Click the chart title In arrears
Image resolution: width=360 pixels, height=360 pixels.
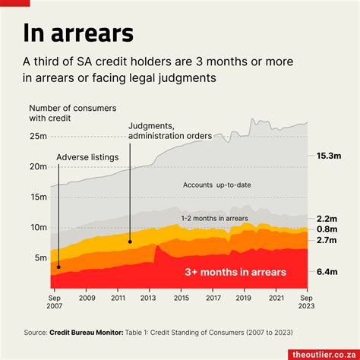click(x=78, y=33)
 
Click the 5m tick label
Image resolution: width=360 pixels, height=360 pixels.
click(x=42, y=257)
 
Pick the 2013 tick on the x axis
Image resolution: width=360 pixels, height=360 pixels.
click(x=149, y=299)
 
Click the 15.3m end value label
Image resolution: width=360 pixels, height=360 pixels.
click(x=328, y=156)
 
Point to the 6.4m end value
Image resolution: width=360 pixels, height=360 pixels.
click(x=327, y=271)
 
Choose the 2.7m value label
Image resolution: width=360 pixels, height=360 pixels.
click(x=327, y=240)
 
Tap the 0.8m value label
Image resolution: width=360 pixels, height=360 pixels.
click(x=327, y=229)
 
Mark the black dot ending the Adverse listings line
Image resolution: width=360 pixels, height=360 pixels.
click(x=58, y=267)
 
